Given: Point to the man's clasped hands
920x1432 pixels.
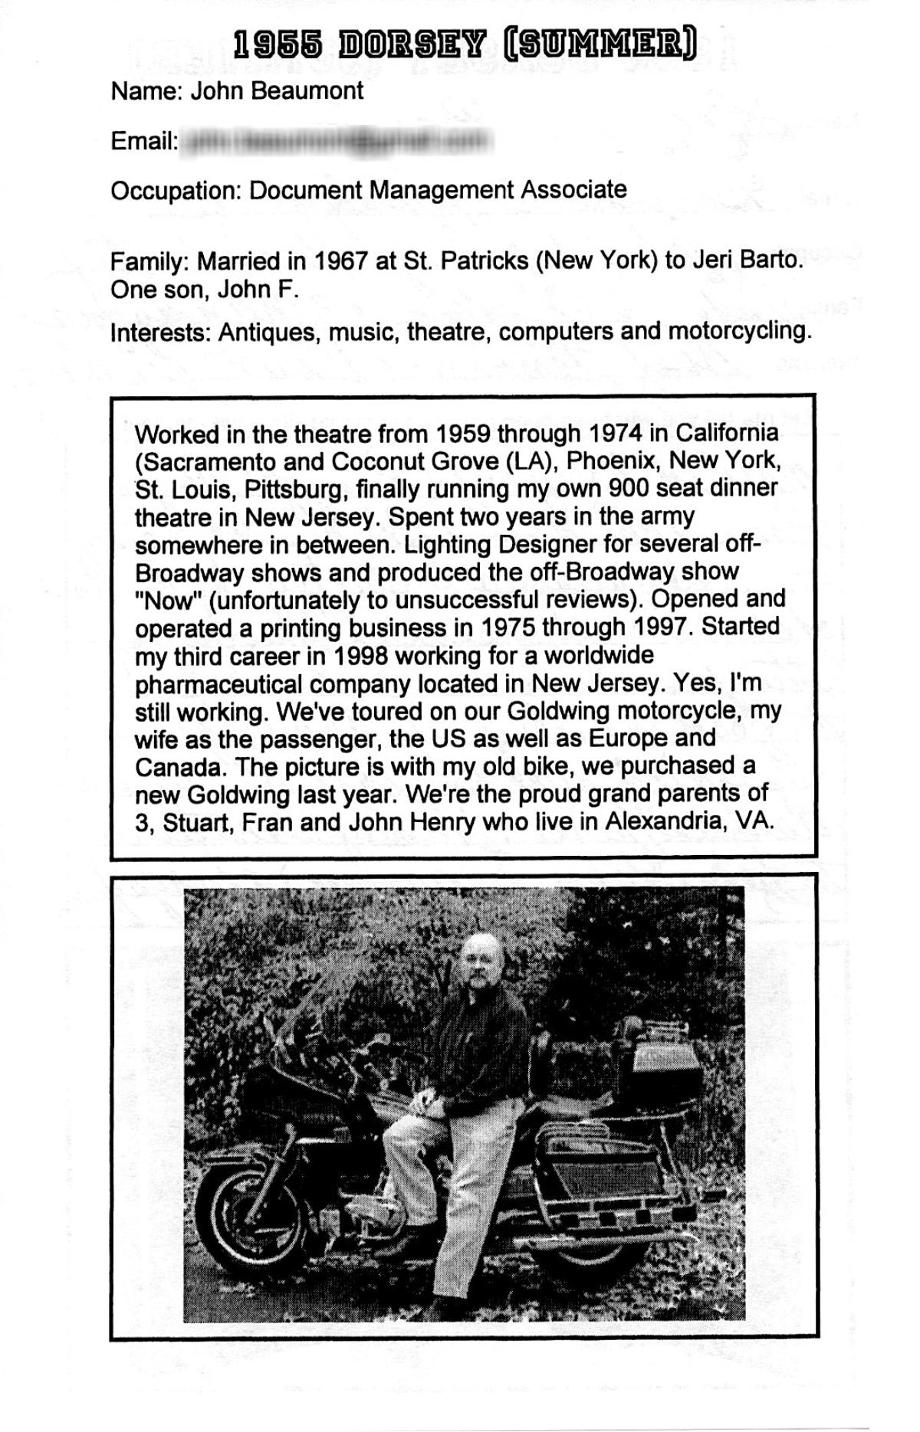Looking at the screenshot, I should coord(422,1104).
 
